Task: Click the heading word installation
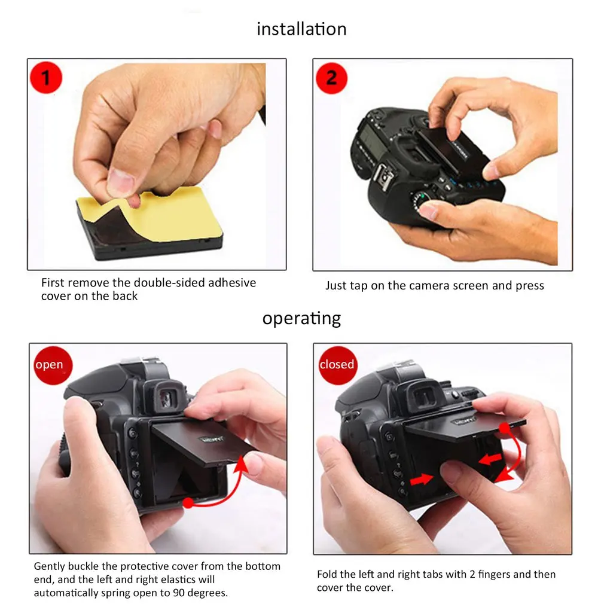(301, 29)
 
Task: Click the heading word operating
(301, 319)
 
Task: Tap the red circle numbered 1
(46, 77)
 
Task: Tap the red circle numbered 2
(331, 78)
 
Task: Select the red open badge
(53, 365)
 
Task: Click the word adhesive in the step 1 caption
(232, 283)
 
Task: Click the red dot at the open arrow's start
(188, 502)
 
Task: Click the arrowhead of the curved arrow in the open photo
(242, 464)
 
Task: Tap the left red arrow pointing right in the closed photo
(422, 479)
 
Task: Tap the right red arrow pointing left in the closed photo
(490, 459)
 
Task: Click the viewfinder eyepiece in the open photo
(168, 397)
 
